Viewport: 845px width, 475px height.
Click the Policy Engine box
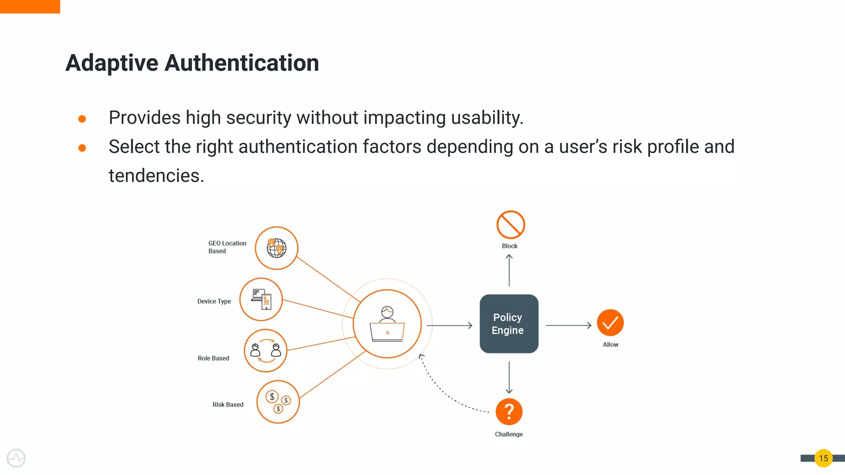point(509,324)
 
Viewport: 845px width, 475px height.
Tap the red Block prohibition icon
point(510,225)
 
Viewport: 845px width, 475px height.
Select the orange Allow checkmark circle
point(610,322)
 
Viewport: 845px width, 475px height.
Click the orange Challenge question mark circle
point(509,412)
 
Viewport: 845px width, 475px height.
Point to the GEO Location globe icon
point(276,248)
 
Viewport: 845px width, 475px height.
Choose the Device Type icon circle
point(261,299)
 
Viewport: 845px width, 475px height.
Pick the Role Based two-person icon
point(266,350)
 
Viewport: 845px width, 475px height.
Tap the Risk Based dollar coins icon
point(278,402)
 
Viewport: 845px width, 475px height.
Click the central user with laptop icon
point(387,324)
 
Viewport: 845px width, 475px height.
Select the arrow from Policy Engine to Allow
point(568,325)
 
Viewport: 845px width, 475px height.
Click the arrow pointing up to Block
point(509,270)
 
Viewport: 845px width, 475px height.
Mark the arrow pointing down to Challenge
point(509,377)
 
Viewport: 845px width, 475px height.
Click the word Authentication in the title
point(242,63)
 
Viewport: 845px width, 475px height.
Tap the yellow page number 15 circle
point(823,458)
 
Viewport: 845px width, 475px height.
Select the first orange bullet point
point(82,119)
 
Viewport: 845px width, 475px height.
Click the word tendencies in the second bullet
point(156,176)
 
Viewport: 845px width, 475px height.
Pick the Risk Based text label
point(228,404)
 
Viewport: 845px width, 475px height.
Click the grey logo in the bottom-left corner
point(16,458)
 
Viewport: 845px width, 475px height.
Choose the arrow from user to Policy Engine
point(449,325)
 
